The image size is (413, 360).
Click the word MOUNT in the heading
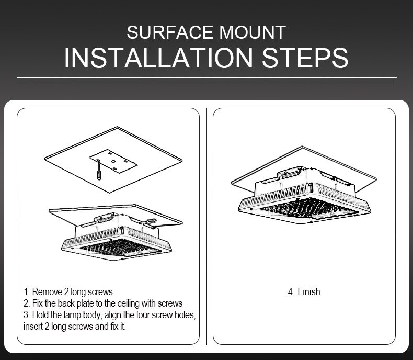253,32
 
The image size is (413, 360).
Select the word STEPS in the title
305,58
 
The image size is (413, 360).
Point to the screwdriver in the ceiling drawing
99,171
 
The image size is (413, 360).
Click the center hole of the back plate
113,161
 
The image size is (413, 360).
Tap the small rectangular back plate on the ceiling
113,161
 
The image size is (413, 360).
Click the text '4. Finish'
304,292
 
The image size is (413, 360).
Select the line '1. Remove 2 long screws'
68,292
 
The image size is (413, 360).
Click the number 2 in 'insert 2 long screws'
47,327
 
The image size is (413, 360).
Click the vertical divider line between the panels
207,226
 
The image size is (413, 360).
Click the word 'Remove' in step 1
47,292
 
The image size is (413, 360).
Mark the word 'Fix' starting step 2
38,303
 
